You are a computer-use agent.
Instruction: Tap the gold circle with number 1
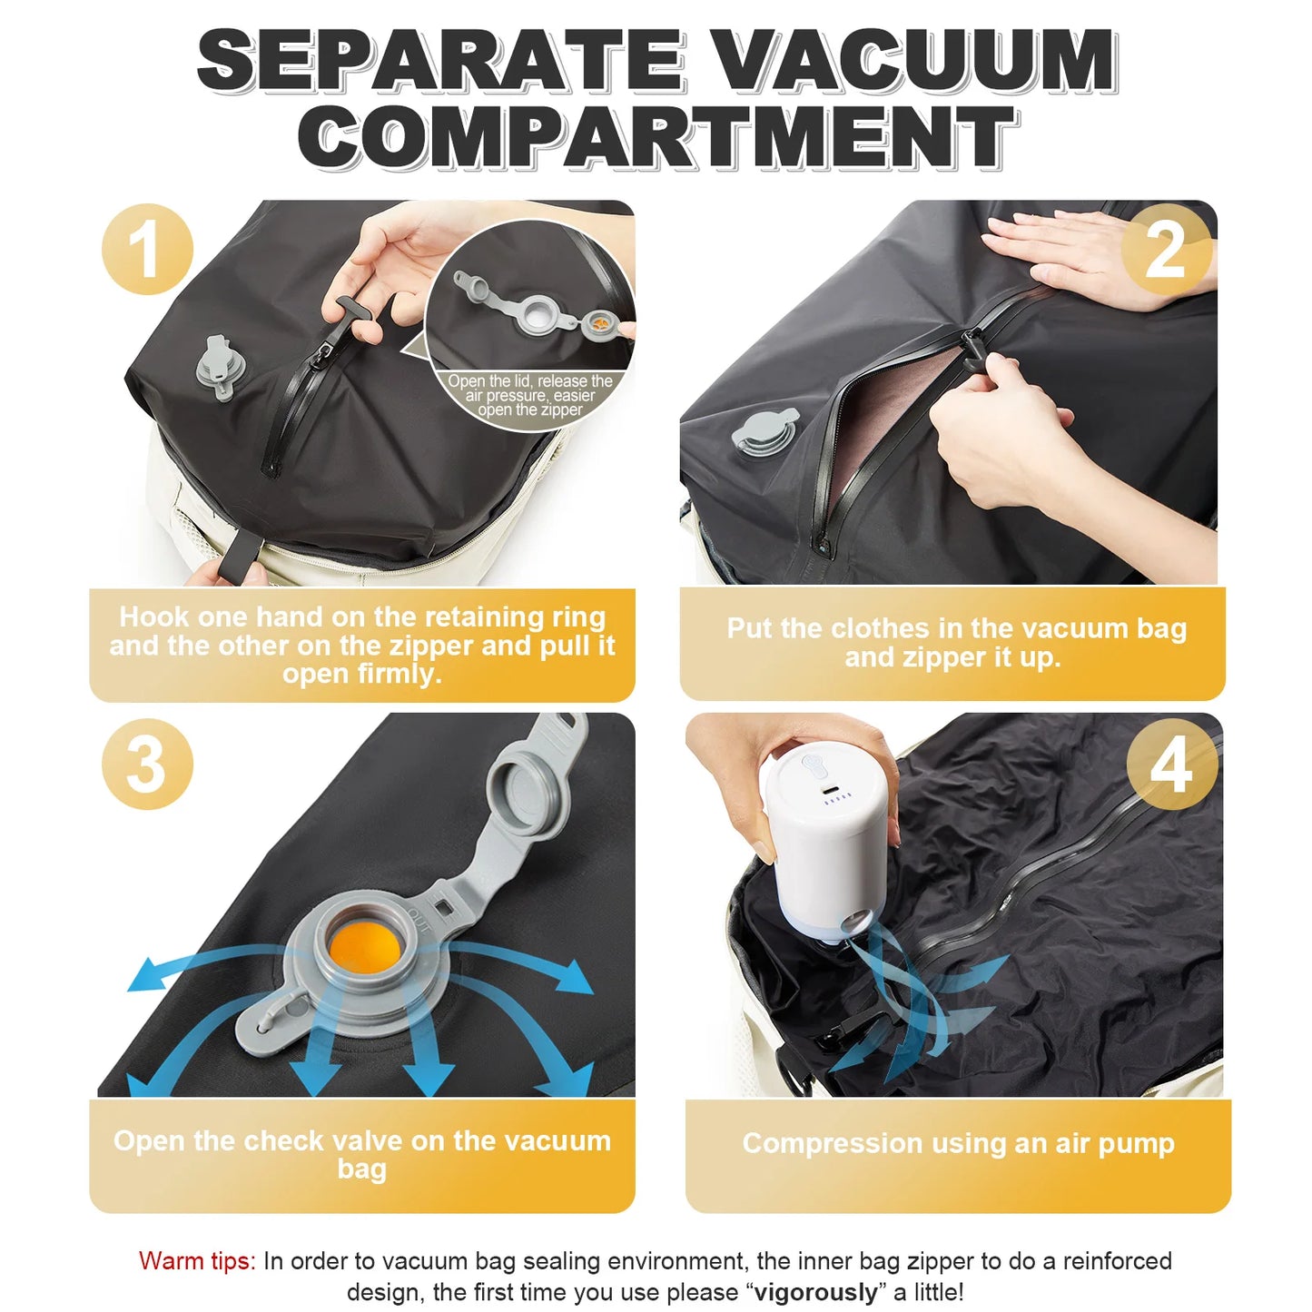(x=147, y=250)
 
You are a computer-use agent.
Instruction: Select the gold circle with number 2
(x=1166, y=250)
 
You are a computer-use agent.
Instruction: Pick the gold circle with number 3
(x=147, y=764)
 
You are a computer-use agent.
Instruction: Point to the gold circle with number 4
(x=1171, y=764)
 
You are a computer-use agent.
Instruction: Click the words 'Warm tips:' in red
(x=197, y=1261)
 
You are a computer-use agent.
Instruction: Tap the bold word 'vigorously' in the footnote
(x=815, y=1292)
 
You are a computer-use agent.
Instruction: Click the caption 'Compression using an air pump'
(x=958, y=1143)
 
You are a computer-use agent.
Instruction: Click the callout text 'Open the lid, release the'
(x=530, y=381)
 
